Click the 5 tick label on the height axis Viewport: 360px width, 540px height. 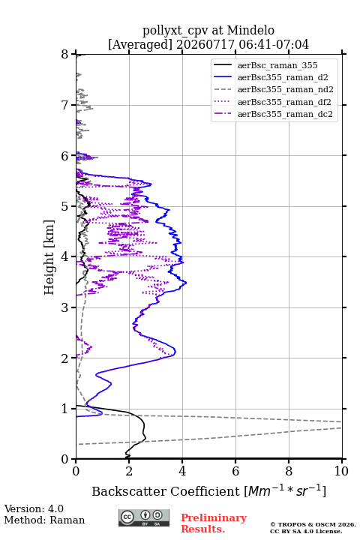[x=65, y=206]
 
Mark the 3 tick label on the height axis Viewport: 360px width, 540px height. [x=65, y=307]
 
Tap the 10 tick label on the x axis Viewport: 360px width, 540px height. [x=341, y=471]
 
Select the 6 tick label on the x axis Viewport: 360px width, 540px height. [x=235, y=471]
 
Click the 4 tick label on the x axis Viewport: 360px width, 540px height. [x=182, y=471]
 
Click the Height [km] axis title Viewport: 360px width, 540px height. [x=49, y=257]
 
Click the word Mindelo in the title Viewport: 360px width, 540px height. [x=250, y=30]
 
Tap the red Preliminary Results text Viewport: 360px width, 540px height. [x=214, y=523]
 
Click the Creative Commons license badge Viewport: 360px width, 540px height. [x=144, y=517]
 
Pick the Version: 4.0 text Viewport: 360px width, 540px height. [x=34, y=508]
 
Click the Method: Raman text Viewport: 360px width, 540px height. [x=44, y=520]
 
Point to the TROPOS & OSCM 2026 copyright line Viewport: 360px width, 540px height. [x=313, y=524]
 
